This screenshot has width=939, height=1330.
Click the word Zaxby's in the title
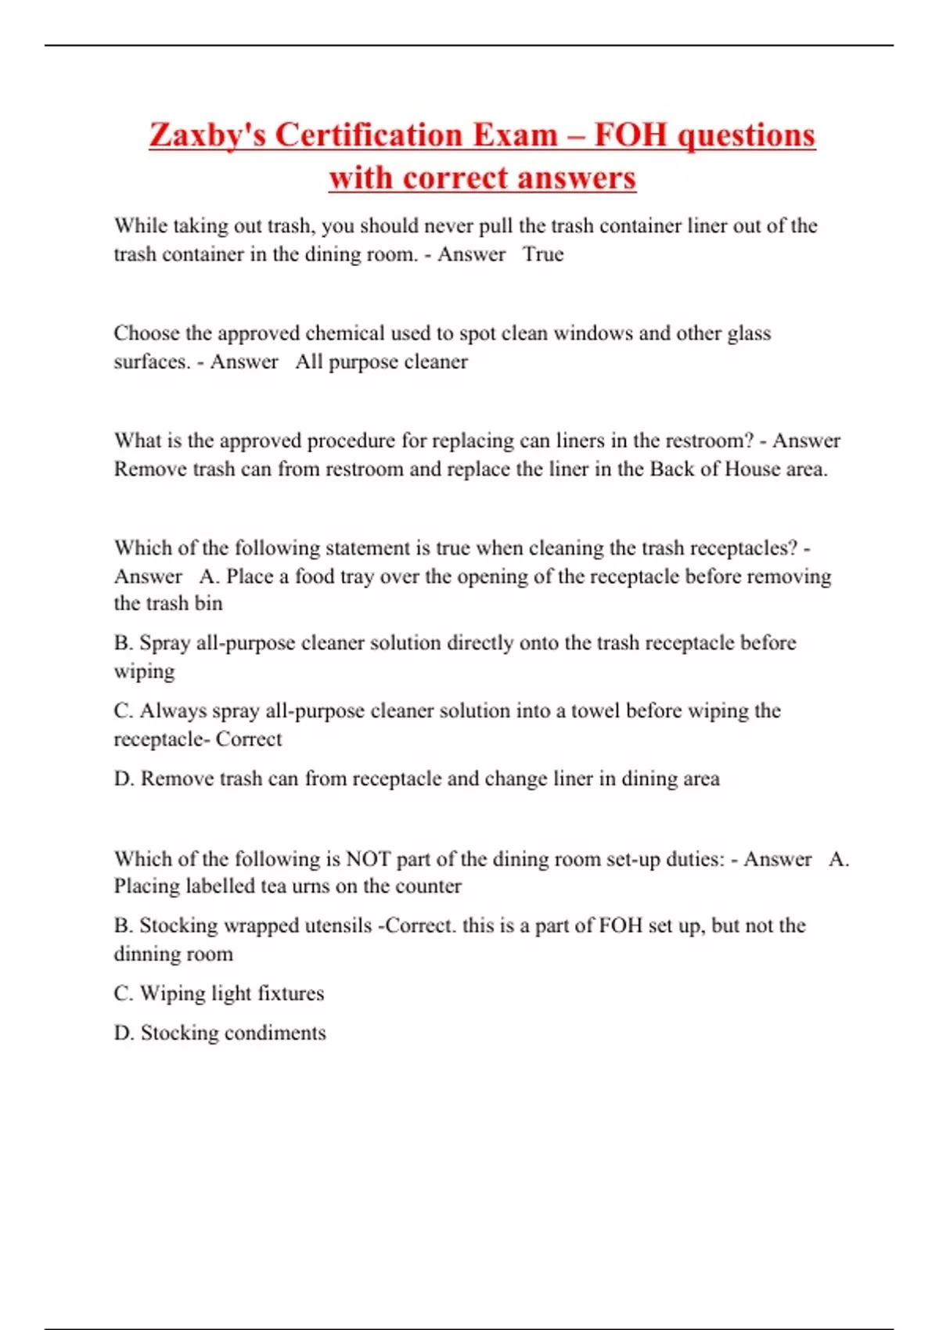point(207,135)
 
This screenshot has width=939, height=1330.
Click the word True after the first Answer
point(543,254)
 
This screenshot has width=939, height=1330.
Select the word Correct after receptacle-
point(249,739)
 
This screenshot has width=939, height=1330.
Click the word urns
point(311,886)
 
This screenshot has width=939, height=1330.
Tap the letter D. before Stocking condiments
point(124,1033)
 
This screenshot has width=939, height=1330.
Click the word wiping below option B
point(144,672)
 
